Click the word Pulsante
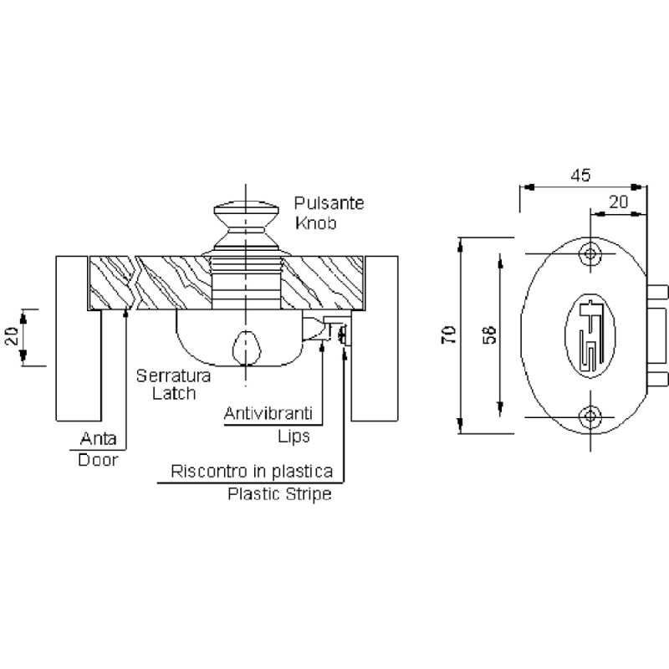pos(329,203)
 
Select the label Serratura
pos(174,375)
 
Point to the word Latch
pos(175,393)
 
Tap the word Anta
pos(97,438)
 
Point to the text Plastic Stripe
pos(280,494)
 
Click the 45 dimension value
pos(581,176)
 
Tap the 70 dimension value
pos(449,335)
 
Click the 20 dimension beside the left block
pos(12,337)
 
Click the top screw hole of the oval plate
pos(591,254)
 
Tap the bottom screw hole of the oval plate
pos(591,416)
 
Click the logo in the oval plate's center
pos(591,335)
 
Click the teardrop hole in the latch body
pos(245,345)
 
